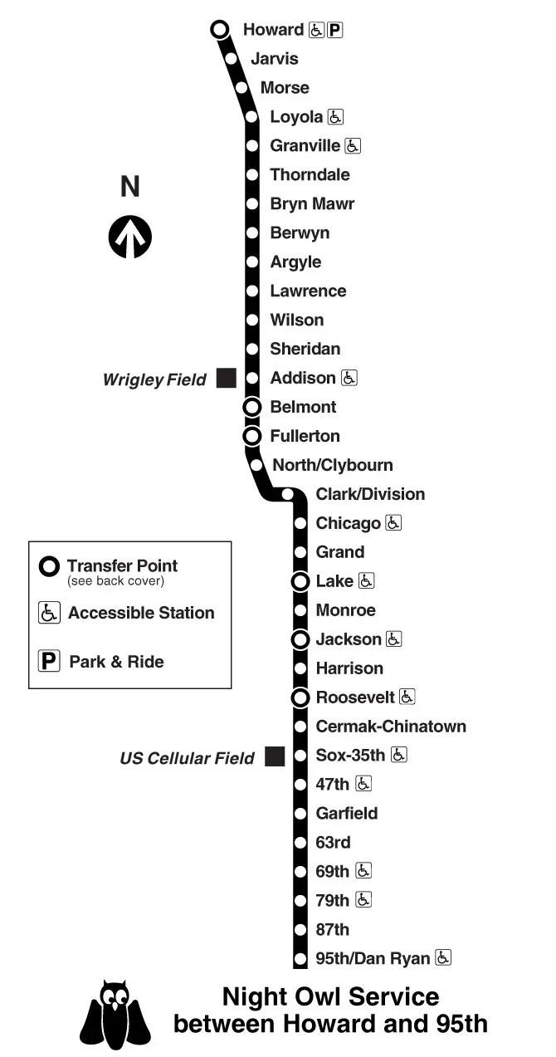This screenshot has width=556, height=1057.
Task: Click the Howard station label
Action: (273, 30)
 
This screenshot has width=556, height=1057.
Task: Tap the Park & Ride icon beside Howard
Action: (334, 30)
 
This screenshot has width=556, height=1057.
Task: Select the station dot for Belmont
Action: (252, 407)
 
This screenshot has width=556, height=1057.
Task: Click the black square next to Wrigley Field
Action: (226, 379)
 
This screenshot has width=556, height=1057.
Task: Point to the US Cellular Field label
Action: (187, 758)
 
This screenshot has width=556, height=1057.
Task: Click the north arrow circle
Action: (130, 237)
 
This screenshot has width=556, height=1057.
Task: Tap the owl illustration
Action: (115, 1014)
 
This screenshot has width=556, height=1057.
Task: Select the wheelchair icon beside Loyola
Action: (335, 117)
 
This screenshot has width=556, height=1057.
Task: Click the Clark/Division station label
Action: (370, 494)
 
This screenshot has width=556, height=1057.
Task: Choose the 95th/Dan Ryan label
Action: (373, 958)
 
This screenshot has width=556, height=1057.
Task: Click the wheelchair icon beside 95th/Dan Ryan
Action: (443, 957)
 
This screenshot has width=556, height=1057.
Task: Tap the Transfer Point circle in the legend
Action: (50, 567)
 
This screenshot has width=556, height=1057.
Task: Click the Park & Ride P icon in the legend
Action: (50, 662)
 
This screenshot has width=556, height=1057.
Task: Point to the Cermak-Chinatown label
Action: (391, 727)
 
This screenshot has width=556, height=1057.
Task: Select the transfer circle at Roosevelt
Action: (300, 697)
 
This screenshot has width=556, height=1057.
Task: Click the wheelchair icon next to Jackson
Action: (393, 639)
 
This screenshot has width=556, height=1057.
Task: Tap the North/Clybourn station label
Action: (333, 465)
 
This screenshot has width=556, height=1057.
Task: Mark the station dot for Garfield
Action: (300, 814)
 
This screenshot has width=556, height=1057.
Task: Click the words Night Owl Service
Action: (330, 996)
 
